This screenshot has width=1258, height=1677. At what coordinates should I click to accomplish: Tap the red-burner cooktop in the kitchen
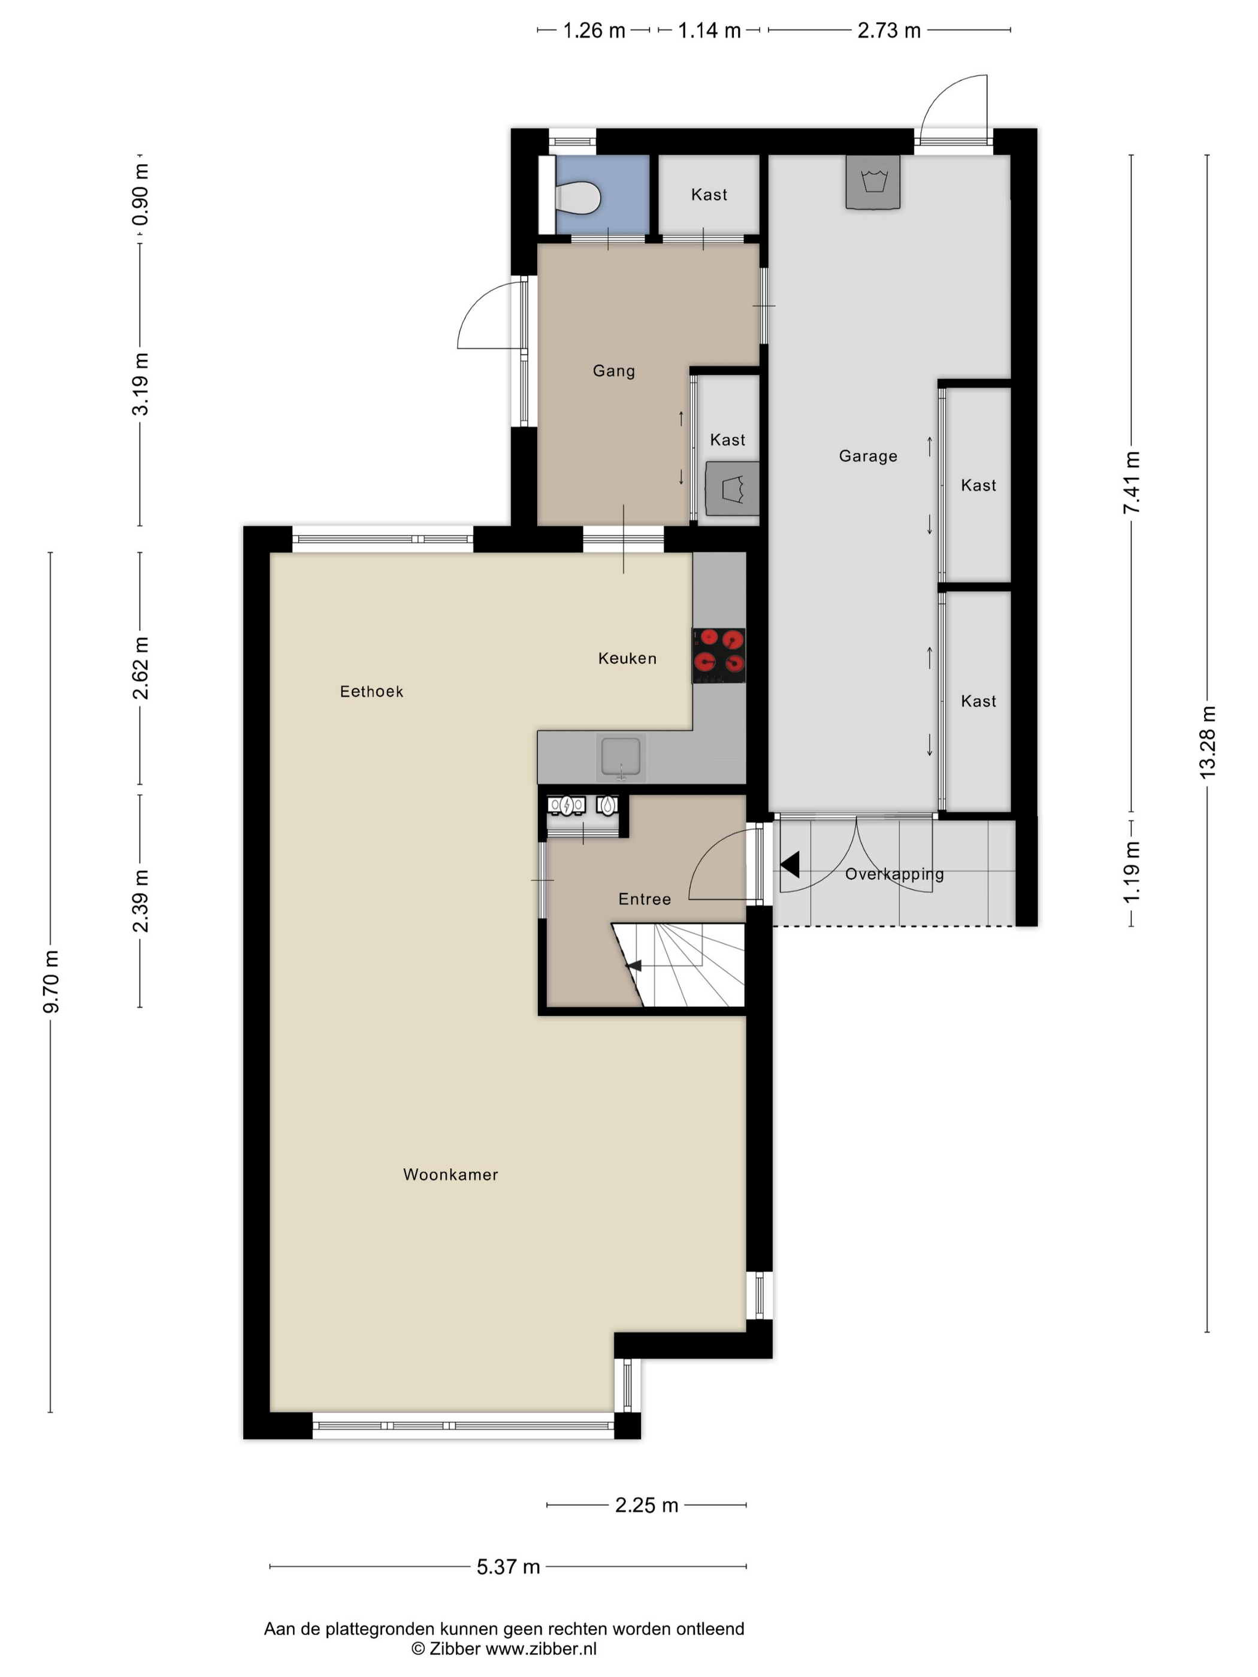click(x=718, y=655)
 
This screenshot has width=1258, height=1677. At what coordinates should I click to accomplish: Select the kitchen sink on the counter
click(x=621, y=756)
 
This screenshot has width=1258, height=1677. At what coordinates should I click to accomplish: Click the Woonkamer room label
click(x=450, y=1174)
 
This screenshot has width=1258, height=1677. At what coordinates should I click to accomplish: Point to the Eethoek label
click(x=371, y=691)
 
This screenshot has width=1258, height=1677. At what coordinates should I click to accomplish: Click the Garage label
click(x=868, y=456)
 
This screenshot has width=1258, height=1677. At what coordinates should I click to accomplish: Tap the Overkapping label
click(x=895, y=874)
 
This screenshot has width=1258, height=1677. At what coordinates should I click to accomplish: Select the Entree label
click(x=645, y=899)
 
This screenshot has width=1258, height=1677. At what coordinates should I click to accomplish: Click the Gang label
click(x=614, y=371)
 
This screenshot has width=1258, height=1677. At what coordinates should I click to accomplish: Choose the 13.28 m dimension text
click(x=1207, y=743)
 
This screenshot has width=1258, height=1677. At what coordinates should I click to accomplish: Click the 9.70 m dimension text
click(x=51, y=982)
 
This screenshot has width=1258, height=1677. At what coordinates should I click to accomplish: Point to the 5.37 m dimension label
click(x=508, y=1566)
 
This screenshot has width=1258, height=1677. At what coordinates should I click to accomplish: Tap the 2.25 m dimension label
click(x=646, y=1505)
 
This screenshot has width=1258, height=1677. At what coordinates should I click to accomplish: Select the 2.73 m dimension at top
click(x=889, y=31)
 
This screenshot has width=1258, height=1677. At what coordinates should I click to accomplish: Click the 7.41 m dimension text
click(x=1132, y=482)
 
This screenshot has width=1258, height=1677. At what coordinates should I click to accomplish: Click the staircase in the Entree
click(x=679, y=964)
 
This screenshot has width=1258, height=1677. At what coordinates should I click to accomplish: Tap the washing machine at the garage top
click(x=873, y=182)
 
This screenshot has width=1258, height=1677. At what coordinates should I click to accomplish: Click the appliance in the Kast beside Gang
click(x=733, y=488)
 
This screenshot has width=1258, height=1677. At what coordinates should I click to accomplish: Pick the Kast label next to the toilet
click(x=709, y=195)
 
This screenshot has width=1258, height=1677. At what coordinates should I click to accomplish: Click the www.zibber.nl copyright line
click(x=504, y=1648)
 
